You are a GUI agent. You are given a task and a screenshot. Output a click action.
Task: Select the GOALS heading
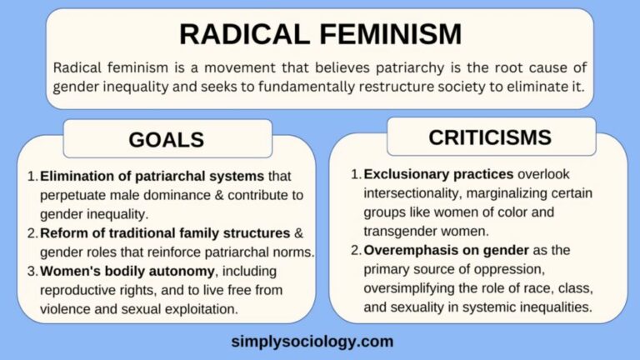pyautogui.click(x=166, y=140)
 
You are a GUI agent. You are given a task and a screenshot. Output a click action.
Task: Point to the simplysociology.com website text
pyautogui.click(x=312, y=341)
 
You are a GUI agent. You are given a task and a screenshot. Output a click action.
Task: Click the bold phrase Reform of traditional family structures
pyautogui.click(x=162, y=233)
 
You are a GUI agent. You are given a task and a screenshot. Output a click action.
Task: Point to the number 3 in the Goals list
pyautogui.click(x=31, y=272)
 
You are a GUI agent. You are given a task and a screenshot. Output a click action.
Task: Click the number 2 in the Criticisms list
pyautogui.click(x=354, y=250)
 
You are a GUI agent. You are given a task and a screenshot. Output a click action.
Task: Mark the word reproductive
pyautogui.click(x=82, y=291)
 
